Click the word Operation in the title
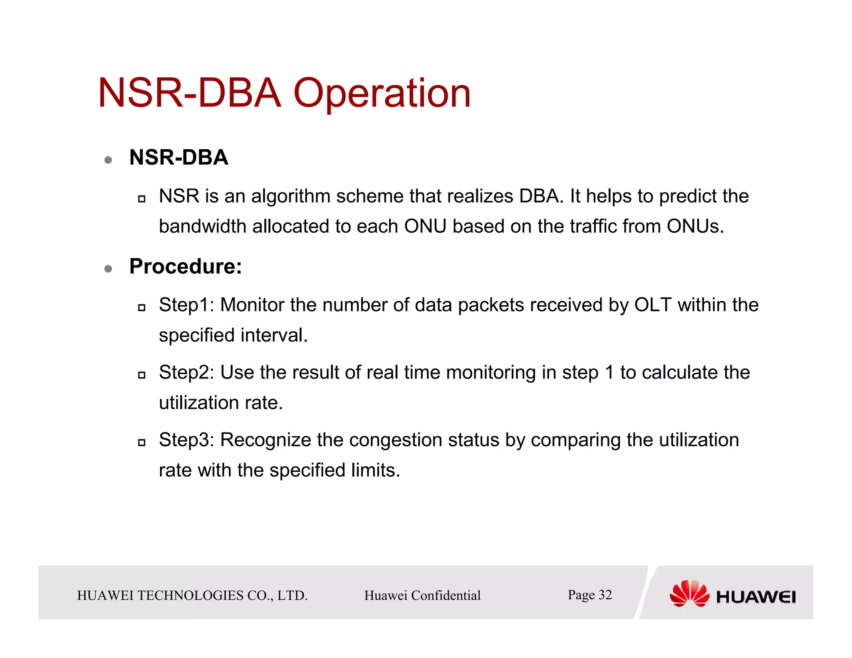[x=382, y=93]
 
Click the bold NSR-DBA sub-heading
[x=178, y=158]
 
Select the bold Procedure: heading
[x=186, y=266]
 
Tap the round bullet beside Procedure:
[x=108, y=269]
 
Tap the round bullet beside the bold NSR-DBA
[x=108, y=160]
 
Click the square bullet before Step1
[x=142, y=308]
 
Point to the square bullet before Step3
[x=142, y=443]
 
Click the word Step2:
[x=186, y=372]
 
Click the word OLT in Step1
[x=652, y=305]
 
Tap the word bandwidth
[x=203, y=227]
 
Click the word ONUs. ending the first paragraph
[x=695, y=227]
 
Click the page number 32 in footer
[x=605, y=595]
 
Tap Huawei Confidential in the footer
[x=422, y=596]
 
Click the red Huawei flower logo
[x=689, y=594]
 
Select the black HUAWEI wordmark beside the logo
[x=755, y=597]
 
